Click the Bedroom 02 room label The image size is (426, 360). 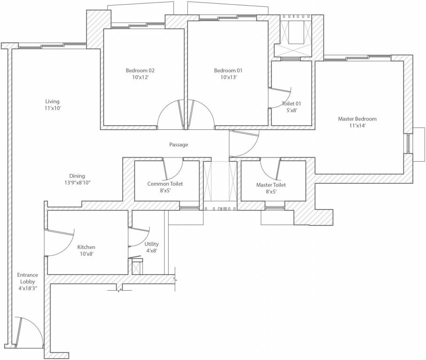point(140,70)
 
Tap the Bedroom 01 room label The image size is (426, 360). point(228,70)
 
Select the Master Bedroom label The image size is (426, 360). point(357,119)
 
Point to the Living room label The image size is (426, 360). point(52,101)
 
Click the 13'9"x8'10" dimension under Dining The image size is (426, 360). point(77,183)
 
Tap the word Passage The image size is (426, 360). point(179,145)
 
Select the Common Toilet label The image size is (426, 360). point(165,184)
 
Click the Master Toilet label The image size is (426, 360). point(271,185)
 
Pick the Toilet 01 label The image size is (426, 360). point(291,103)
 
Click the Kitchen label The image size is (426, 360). point(86,247)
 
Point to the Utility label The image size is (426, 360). point(151,244)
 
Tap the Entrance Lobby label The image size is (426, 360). point(28,281)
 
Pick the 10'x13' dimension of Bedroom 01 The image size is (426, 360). point(228,77)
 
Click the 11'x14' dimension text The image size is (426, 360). point(357,126)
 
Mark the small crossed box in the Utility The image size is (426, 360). point(137,268)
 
